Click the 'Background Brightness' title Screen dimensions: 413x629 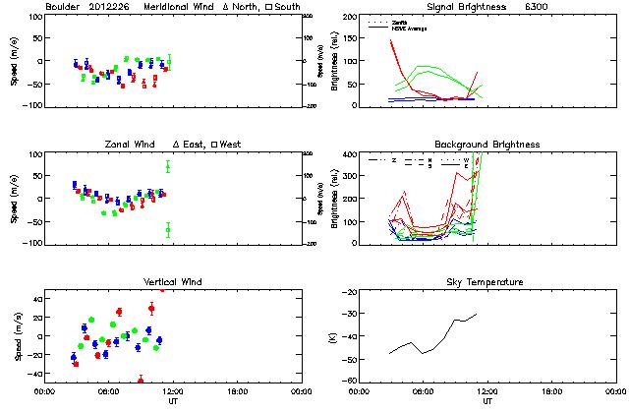[x=486, y=145]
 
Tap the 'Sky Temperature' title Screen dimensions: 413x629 [x=486, y=282]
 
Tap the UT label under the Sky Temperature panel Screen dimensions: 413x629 [x=486, y=400]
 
